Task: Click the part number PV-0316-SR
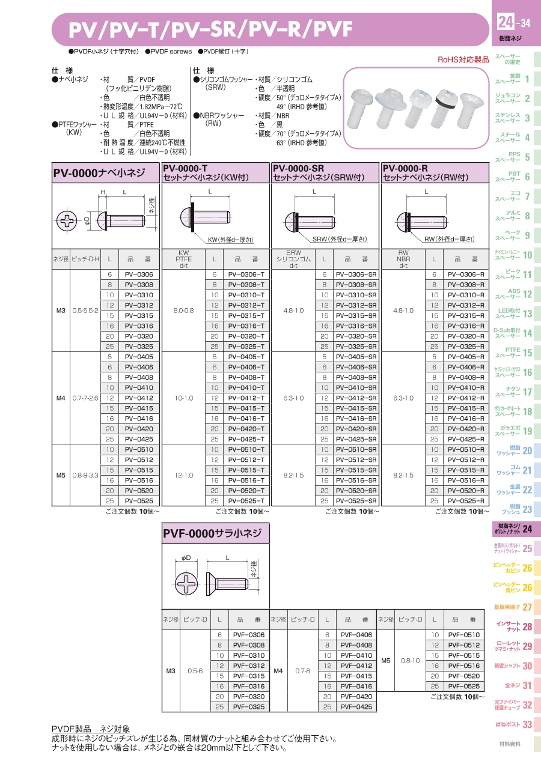[x=356, y=326]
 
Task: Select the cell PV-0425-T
[x=246, y=439]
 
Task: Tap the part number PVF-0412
[x=356, y=665]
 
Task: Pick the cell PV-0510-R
[x=466, y=449]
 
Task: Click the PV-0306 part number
[x=139, y=274]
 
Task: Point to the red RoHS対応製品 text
[x=463, y=59]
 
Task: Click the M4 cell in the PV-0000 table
[x=61, y=398]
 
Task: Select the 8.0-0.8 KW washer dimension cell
[x=183, y=311]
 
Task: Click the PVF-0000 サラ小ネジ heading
[x=212, y=533]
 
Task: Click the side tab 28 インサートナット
[x=513, y=626]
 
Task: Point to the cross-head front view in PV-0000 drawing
[x=67, y=220]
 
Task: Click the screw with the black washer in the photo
[x=445, y=109]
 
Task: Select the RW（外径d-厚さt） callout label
[x=449, y=239]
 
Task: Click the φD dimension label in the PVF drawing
[x=186, y=557]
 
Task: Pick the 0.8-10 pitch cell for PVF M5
[x=410, y=660]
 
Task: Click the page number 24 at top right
[x=506, y=22]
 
